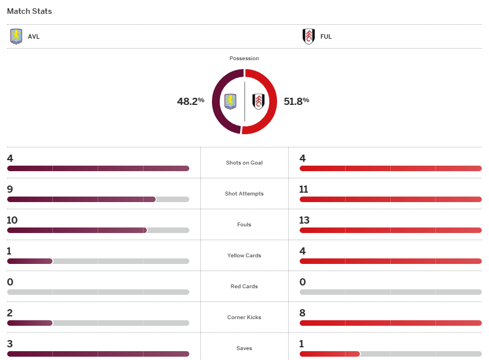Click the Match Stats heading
(30, 11)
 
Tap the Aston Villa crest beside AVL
(17, 36)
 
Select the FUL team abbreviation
(326, 37)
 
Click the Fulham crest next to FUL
(309, 36)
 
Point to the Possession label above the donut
(244, 59)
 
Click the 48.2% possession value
(190, 101)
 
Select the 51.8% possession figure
(296, 101)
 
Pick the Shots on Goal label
(244, 163)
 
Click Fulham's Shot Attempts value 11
(304, 189)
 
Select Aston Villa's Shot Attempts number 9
(10, 189)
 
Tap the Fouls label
(244, 225)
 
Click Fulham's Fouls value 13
(304, 220)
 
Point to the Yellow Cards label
(244, 256)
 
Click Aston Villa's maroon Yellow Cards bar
(30, 261)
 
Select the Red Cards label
(244, 287)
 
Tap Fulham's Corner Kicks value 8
(302, 313)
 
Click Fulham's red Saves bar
(329, 354)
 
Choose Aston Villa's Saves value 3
(10, 344)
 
